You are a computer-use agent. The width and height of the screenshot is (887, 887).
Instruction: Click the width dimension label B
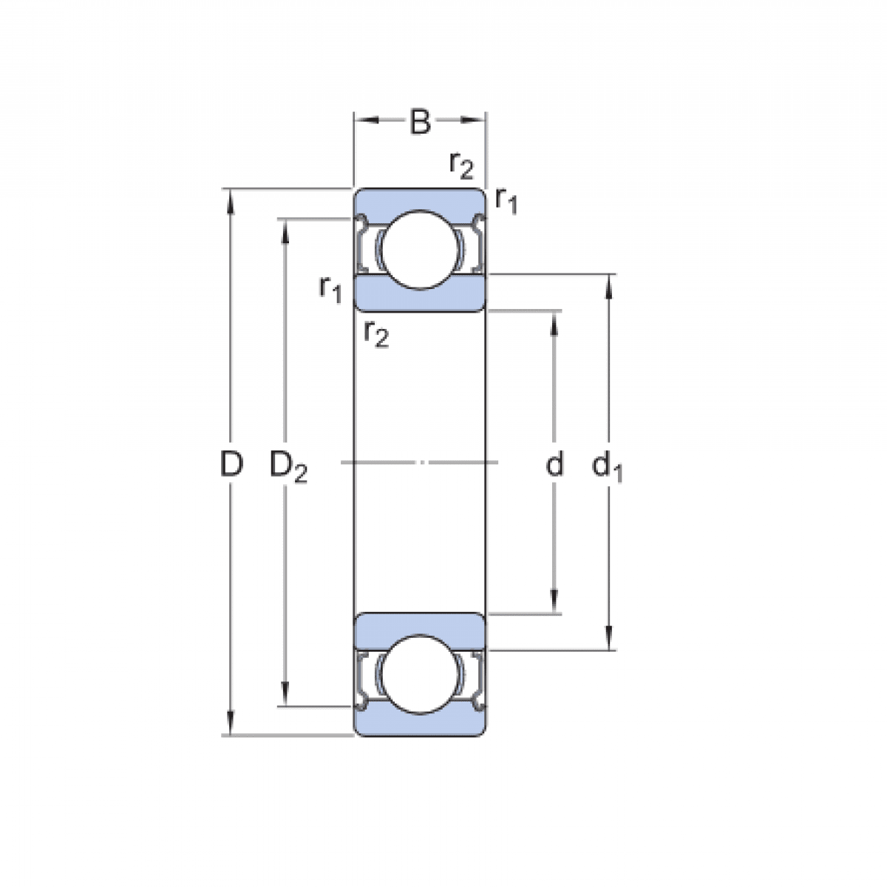click(x=420, y=122)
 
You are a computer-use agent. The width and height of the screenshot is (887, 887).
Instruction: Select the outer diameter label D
click(x=231, y=465)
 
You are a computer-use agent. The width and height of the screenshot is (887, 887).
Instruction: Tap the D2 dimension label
click(x=288, y=466)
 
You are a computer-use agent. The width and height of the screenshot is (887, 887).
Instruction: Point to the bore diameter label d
click(x=554, y=465)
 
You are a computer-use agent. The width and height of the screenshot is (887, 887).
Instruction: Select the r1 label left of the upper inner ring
click(x=330, y=288)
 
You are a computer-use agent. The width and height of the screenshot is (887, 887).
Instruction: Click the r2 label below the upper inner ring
click(x=376, y=334)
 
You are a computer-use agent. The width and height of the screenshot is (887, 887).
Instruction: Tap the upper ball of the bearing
click(x=419, y=250)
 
